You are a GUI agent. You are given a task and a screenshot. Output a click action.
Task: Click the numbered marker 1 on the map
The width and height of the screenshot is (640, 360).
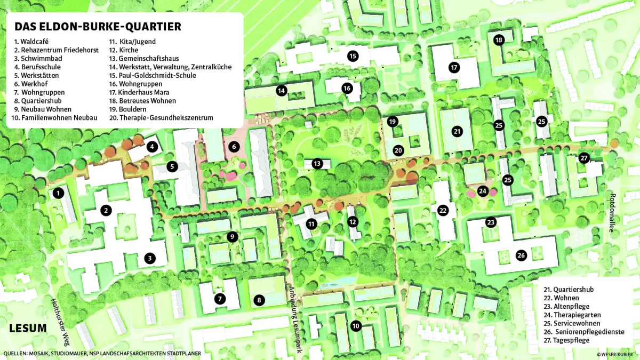click(x=58, y=194)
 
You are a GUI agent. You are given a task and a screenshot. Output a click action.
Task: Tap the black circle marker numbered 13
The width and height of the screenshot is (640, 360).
click(x=317, y=164)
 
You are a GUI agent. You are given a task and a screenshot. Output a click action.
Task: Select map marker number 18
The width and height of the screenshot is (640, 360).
click(x=499, y=40)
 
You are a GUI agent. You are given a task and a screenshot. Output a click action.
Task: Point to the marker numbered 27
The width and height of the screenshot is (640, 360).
click(x=584, y=158)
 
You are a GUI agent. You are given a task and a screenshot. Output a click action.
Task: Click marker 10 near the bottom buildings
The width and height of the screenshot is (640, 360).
click(x=356, y=325)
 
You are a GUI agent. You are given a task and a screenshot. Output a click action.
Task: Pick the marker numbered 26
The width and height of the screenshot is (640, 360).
click(x=521, y=255)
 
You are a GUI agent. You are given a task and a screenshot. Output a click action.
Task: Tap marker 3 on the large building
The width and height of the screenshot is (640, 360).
click(x=150, y=259)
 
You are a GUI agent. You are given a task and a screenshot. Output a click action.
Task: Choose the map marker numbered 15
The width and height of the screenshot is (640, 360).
click(x=352, y=55)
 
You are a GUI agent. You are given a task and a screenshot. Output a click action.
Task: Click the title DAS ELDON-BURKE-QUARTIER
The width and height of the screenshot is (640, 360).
click(x=98, y=27)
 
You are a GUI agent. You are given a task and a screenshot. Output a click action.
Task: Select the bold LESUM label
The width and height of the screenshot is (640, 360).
click(x=27, y=327)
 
